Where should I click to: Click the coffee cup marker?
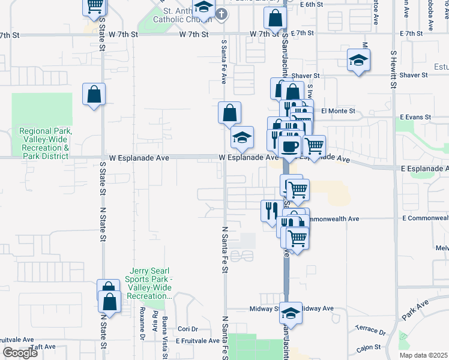click(x=290, y=145)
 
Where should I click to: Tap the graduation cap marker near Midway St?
click(x=291, y=314)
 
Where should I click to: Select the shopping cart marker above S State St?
click(x=94, y=6)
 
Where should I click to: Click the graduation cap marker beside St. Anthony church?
click(x=203, y=8)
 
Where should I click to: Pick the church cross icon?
click(x=221, y=13)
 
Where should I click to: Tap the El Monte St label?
click(x=338, y=111)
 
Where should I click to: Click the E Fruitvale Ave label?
click(x=197, y=340)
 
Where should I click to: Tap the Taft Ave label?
click(x=43, y=346)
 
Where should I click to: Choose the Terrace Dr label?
click(x=370, y=331)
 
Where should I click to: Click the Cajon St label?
click(x=369, y=349)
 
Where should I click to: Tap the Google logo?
click(x=20, y=353)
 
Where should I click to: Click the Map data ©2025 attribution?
click(x=423, y=355)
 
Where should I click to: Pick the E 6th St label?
click(x=312, y=4)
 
